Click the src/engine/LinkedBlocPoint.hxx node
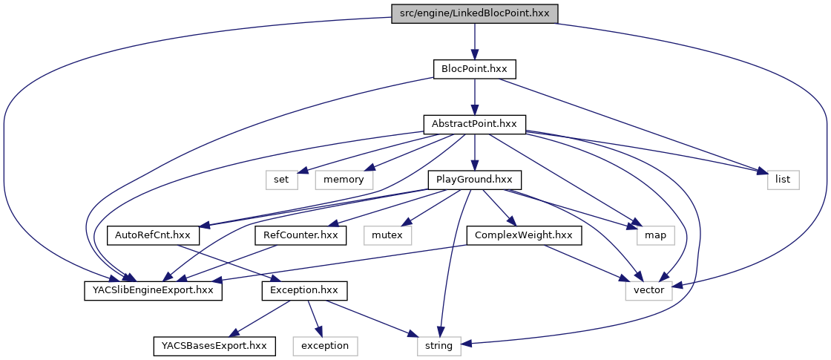tap(474, 13)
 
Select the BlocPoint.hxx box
tap(474, 68)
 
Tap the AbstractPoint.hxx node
tap(474, 124)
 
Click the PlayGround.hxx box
tap(474, 180)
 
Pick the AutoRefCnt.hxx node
tap(154, 235)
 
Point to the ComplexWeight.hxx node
tap(524, 235)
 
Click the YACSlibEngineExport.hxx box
tap(154, 290)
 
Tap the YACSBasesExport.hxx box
tap(214, 345)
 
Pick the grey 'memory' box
tap(343, 180)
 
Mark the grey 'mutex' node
tap(387, 235)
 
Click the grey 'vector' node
tap(649, 290)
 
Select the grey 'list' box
tap(783, 180)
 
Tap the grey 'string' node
tap(438, 345)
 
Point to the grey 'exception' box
tap(325, 345)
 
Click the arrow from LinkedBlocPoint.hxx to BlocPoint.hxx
tap(474, 41)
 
